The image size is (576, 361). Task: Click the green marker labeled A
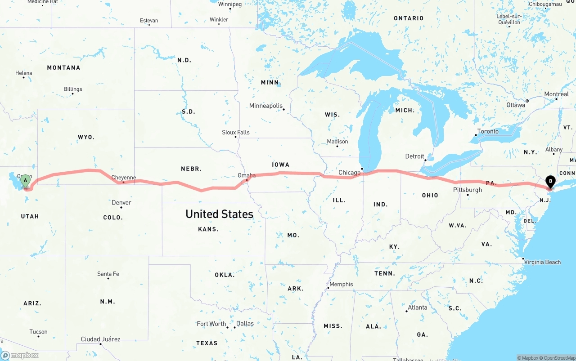[26, 181]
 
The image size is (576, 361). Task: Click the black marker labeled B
[550, 182]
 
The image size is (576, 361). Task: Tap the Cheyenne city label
[123, 178]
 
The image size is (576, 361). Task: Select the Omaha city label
[247, 175]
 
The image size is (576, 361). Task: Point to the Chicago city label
[349, 172]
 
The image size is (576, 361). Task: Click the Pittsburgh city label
[468, 190]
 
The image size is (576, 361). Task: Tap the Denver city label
[121, 203]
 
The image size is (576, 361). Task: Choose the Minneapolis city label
[266, 106]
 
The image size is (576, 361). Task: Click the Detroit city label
[414, 156]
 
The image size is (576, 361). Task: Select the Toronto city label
[488, 131]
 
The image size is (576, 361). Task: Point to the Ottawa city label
[515, 105]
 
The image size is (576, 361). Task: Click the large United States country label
[219, 214]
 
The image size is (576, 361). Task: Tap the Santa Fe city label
[108, 274]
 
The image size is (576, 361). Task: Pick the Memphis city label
[341, 284]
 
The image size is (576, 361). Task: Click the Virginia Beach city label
[543, 262]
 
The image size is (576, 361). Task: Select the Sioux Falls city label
[235, 132]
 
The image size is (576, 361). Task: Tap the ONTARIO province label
[409, 18]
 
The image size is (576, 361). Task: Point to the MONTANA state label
[63, 68]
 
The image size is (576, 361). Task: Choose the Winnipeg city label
[229, 4]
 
